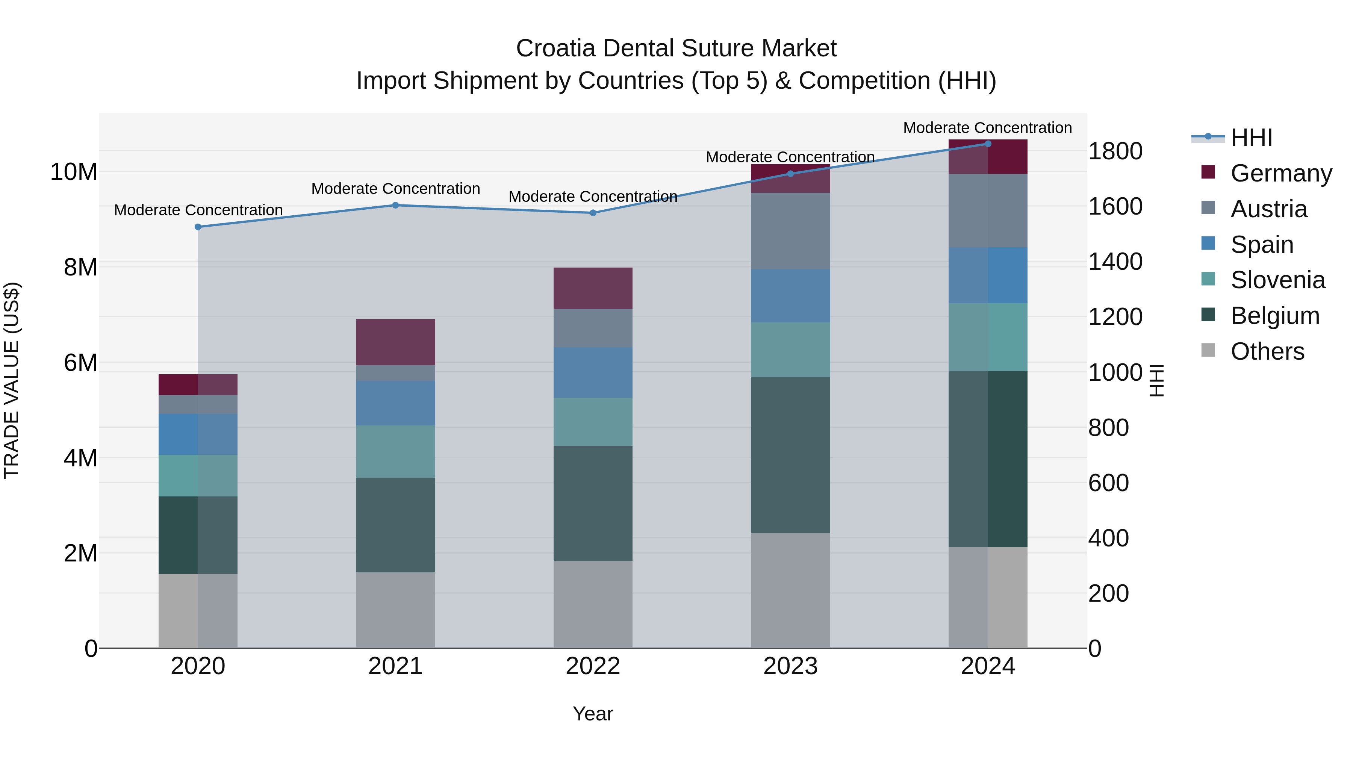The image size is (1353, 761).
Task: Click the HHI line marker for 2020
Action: tap(198, 227)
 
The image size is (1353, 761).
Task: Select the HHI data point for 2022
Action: tap(593, 213)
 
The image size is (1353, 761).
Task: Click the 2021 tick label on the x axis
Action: tap(395, 666)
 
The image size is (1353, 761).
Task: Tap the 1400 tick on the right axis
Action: tap(1115, 262)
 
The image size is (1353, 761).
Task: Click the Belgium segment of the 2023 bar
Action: tap(790, 454)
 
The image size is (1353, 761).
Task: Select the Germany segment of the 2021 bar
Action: tap(395, 342)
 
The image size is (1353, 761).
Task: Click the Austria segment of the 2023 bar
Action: tap(790, 231)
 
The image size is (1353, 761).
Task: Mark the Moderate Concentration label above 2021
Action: tap(395, 189)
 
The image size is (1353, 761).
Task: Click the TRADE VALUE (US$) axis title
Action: tap(12, 380)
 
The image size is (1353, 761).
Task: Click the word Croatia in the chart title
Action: tap(556, 48)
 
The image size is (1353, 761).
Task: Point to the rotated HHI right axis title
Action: tap(1157, 380)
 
